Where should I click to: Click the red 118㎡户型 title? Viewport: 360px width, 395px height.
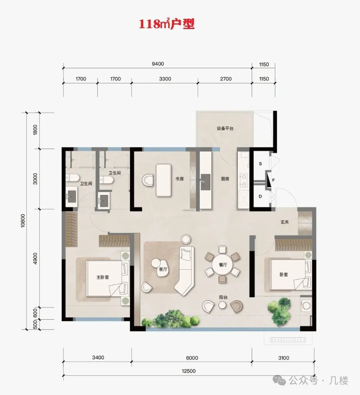(x=167, y=24)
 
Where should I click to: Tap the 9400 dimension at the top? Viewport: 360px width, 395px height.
(x=158, y=64)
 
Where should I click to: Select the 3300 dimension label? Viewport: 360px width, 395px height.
(x=165, y=79)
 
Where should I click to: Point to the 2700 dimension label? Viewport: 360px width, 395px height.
(x=226, y=79)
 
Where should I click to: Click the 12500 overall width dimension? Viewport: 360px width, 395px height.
(x=189, y=371)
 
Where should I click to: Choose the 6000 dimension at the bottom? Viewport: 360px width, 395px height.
(x=192, y=358)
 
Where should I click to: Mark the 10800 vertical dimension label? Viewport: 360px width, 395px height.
(x=23, y=221)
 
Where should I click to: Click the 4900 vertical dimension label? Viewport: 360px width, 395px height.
(x=35, y=259)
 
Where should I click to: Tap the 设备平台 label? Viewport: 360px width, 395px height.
(x=225, y=128)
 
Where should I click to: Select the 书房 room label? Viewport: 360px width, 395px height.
(x=179, y=179)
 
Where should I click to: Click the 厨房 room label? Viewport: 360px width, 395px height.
(x=225, y=179)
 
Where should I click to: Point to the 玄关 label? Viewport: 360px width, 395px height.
(x=285, y=222)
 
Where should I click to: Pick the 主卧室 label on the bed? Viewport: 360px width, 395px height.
(x=103, y=277)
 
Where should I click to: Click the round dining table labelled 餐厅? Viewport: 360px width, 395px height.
(x=223, y=265)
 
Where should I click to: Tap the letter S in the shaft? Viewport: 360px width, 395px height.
(x=260, y=164)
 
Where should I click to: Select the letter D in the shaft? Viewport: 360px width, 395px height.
(x=260, y=196)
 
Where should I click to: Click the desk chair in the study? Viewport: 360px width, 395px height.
(x=148, y=180)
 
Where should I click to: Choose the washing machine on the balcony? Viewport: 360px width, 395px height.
(x=306, y=306)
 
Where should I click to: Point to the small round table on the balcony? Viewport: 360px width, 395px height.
(x=222, y=305)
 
